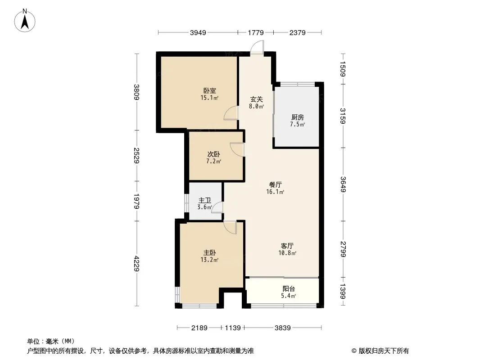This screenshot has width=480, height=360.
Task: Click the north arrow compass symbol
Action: click(x=27, y=21)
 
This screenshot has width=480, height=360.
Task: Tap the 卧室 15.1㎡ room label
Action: click(x=209, y=94)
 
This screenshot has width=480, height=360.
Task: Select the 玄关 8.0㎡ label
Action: click(x=256, y=103)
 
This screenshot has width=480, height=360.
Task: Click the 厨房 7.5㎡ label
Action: click(x=297, y=121)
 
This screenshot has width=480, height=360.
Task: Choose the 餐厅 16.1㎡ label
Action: click(x=276, y=188)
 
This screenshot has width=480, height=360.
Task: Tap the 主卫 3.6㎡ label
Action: click(x=204, y=204)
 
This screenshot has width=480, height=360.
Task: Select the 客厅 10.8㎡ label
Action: click(x=287, y=249)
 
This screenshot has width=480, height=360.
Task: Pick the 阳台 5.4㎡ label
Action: click(x=289, y=292)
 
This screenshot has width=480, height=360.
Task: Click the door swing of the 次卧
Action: click(x=237, y=149)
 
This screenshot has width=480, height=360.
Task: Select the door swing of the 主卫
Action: click(x=217, y=207)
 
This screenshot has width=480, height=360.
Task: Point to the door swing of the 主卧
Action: click(x=230, y=227)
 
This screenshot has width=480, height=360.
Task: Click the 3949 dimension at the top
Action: click(x=198, y=32)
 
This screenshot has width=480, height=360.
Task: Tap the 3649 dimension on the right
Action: click(x=343, y=184)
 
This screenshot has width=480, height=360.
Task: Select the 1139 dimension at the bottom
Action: click(x=233, y=328)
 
